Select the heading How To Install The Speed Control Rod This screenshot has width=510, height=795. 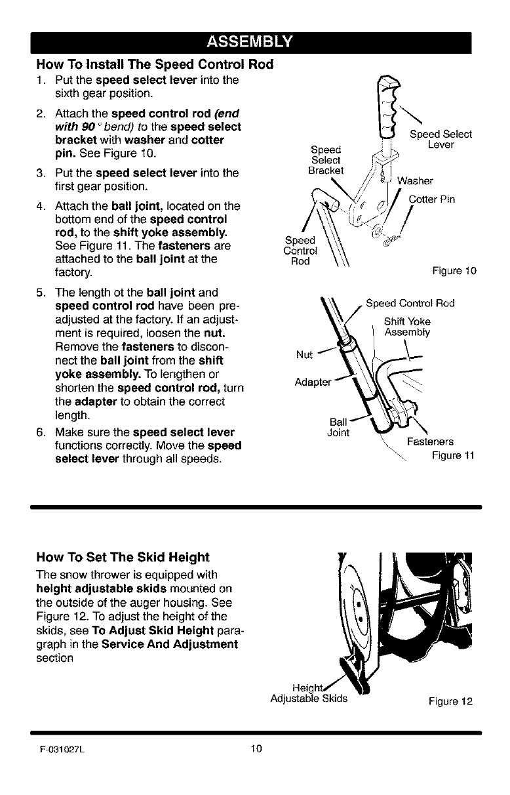click(x=154, y=65)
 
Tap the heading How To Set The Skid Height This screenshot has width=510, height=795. click(x=123, y=558)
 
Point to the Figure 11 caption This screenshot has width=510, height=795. click(x=452, y=455)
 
